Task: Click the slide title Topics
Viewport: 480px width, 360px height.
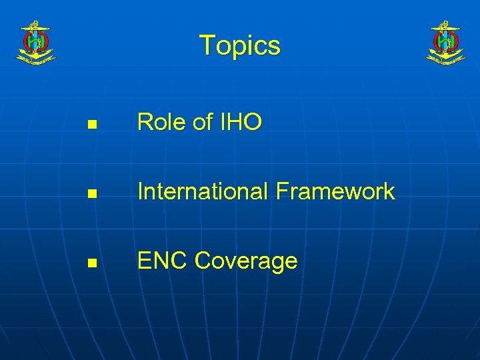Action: tap(240, 45)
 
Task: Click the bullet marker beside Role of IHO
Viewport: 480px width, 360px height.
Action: tap(92, 124)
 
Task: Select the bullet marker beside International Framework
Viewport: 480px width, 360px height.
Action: tap(92, 194)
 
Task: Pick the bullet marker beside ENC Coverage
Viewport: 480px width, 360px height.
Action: tap(92, 263)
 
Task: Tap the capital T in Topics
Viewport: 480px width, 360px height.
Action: tap(207, 45)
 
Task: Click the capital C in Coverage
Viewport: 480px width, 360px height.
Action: tap(203, 261)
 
